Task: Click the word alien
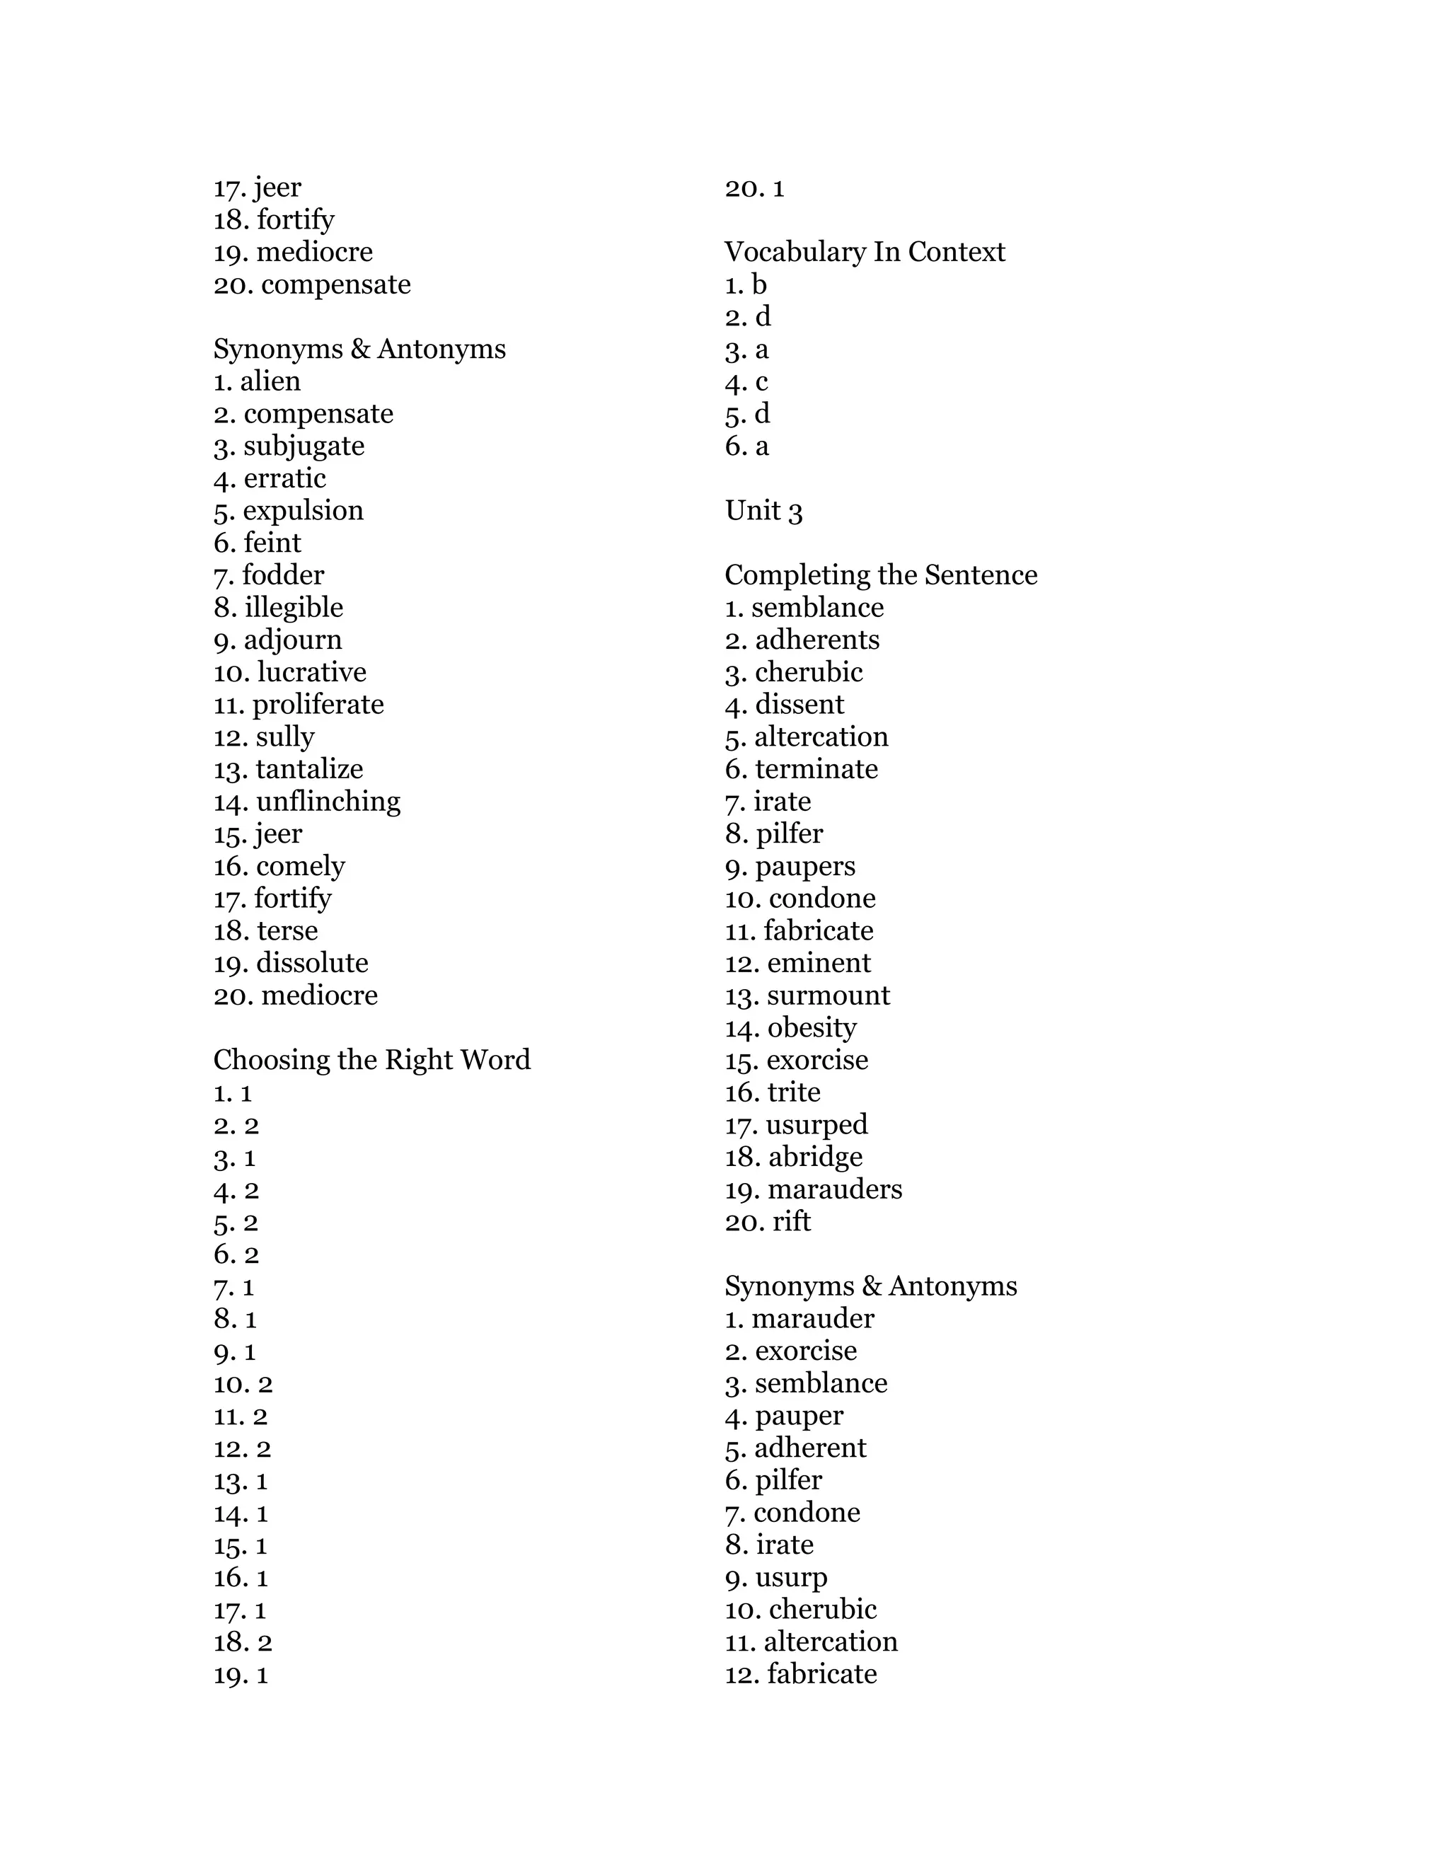(x=270, y=381)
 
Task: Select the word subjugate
(x=304, y=446)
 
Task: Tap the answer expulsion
(x=303, y=511)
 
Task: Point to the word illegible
(x=294, y=608)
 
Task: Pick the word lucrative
(x=311, y=672)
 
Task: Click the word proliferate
(x=318, y=705)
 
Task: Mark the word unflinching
(x=328, y=802)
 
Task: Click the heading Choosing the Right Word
(x=371, y=1061)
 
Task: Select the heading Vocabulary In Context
(x=865, y=253)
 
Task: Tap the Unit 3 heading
(x=763, y=511)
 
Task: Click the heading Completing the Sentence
(x=881, y=575)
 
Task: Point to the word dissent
(x=799, y=705)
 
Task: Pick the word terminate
(x=816, y=769)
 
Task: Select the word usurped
(x=816, y=1125)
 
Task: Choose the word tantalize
(x=309, y=769)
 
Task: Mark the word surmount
(x=829, y=996)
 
